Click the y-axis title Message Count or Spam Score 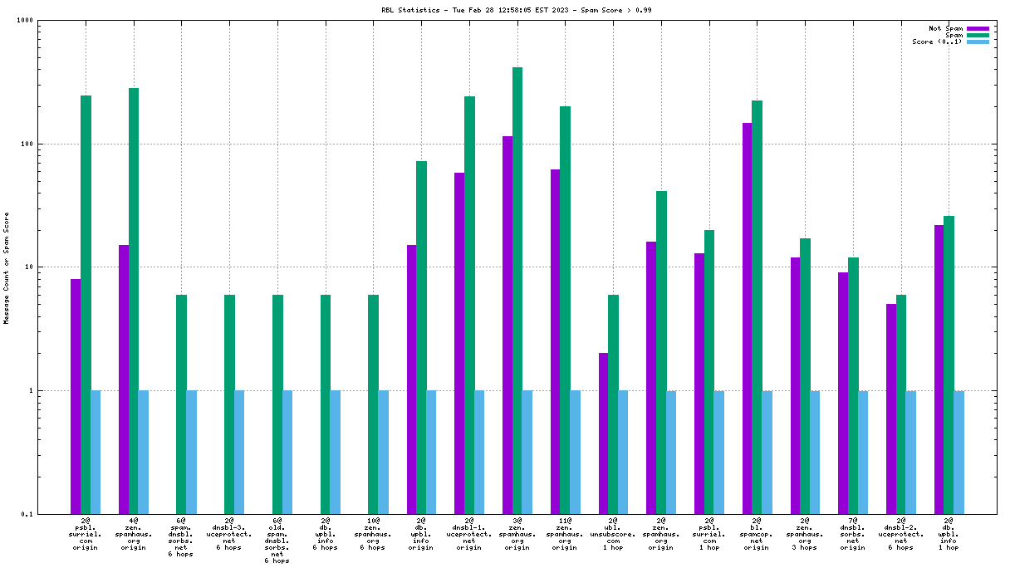click(7, 267)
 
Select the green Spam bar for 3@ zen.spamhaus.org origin click(517, 291)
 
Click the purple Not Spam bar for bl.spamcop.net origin click(748, 318)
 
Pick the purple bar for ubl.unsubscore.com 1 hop click(603, 433)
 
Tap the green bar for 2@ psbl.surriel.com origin click(86, 305)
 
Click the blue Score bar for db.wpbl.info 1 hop click(959, 452)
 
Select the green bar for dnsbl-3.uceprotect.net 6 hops click(229, 404)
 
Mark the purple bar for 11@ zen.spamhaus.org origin click(555, 341)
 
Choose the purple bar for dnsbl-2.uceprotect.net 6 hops click(891, 409)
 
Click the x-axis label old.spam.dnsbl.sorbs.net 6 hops click(277, 540)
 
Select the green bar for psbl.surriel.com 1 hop click(709, 372)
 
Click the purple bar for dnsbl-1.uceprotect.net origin click(459, 343)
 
